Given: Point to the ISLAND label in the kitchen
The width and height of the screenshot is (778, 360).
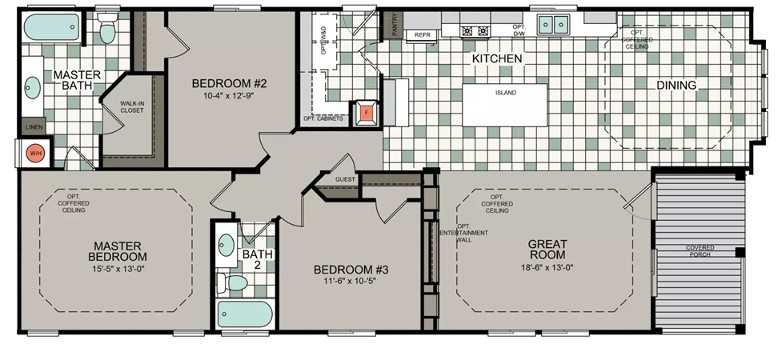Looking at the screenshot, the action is pos(505,93).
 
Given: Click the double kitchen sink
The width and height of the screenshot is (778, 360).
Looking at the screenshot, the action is pos(553,23).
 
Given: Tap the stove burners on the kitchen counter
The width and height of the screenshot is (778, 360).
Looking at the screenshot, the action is pos(475,31).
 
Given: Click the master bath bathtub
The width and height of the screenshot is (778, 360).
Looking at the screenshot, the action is pos(51,27).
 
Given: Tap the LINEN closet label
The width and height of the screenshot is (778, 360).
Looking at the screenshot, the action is pos(34,127).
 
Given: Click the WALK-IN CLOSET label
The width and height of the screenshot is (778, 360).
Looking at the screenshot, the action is pos(132,106).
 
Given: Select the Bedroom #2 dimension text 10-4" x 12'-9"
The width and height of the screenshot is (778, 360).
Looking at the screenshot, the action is pos(229,96).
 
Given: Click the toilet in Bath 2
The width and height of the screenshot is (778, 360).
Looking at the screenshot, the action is pos(232,283).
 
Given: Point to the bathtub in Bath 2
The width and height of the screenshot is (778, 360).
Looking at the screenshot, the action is pos(245,314).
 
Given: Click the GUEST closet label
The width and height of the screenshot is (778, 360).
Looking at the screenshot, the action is pos(345,179).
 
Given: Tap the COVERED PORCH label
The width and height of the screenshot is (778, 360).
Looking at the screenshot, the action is pos(700,251).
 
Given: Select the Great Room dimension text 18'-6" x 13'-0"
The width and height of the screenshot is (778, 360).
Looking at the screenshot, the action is pos(547,266).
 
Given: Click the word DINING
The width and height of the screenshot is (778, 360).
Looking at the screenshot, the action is pos(676,86).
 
